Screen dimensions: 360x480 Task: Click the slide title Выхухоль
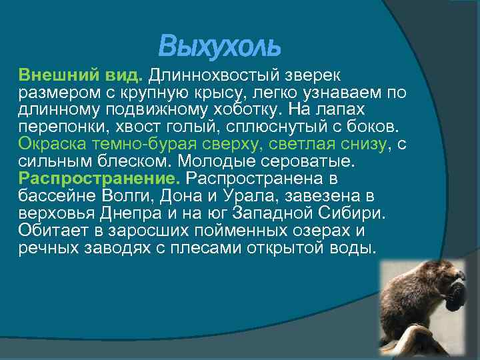coord(220,47)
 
